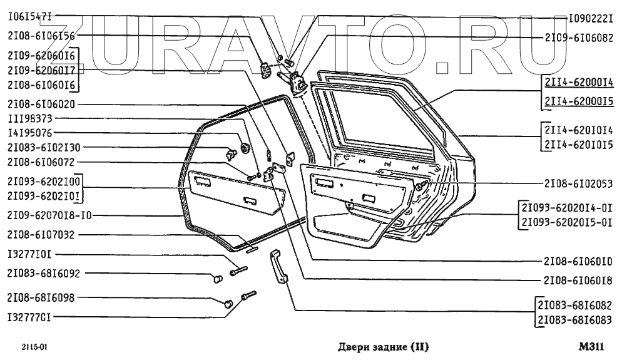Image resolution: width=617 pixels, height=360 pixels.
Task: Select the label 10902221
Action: click(581, 19)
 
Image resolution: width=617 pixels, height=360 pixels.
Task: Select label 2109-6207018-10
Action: click(49, 215)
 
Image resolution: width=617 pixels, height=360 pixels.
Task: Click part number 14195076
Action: click(31, 133)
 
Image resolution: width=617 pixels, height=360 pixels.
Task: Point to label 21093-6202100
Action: click(43, 181)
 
